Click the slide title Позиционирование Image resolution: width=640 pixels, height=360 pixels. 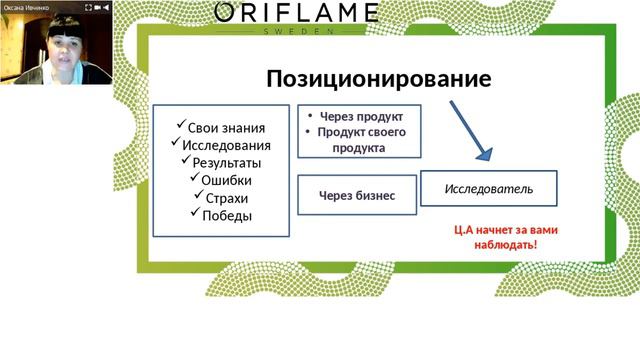pyautogui.click(x=378, y=79)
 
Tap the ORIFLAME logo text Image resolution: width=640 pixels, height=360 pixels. pyautogui.click(x=296, y=13)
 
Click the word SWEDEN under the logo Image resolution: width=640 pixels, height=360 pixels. pyautogui.click(x=296, y=31)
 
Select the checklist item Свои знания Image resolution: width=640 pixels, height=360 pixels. pyautogui.click(x=226, y=127)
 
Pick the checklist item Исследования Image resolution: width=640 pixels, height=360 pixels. pyautogui.click(x=226, y=145)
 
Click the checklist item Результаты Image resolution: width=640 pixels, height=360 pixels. pyautogui.click(x=226, y=163)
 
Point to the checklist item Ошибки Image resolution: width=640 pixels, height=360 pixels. pyautogui.click(x=226, y=180)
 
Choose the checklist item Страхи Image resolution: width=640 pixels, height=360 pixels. pyautogui.click(x=226, y=198)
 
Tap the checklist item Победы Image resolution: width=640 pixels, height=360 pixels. pyautogui.click(x=226, y=215)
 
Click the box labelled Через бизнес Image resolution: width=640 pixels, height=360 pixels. pyautogui.click(x=357, y=196)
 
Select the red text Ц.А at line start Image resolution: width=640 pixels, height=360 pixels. pyautogui.click(x=466, y=230)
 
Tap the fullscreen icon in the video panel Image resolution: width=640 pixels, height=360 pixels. pyautogui.click(x=89, y=6)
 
